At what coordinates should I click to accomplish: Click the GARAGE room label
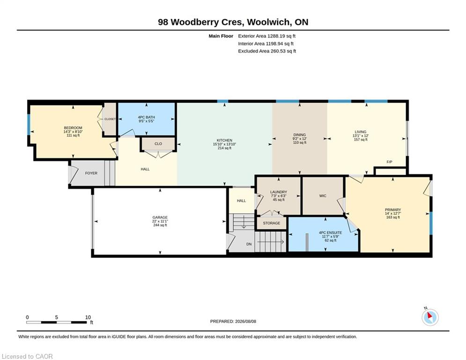[x=160, y=217]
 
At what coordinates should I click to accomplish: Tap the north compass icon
[x=430, y=317]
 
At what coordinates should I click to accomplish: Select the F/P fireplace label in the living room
[x=389, y=162]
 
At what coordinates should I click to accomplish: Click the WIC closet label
[x=323, y=196]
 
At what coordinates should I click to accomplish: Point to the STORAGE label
[x=271, y=223]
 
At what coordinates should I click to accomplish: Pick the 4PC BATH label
[x=146, y=117]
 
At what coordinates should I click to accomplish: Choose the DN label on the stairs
[x=249, y=244]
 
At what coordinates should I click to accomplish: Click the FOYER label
[x=91, y=173]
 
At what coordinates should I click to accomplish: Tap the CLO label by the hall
[x=158, y=144]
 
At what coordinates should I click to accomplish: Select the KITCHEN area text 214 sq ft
[x=224, y=148]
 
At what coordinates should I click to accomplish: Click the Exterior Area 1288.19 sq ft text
[x=266, y=36]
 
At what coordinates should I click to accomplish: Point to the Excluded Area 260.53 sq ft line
[x=267, y=51]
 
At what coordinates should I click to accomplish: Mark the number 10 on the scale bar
[x=88, y=317]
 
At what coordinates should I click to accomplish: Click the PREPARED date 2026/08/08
[x=245, y=321]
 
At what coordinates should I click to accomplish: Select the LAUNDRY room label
[x=279, y=192]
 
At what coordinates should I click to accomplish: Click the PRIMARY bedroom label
[x=393, y=210]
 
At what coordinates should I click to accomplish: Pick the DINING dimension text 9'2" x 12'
[x=299, y=139]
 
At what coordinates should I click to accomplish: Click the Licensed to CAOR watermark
[x=27, y=356]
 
